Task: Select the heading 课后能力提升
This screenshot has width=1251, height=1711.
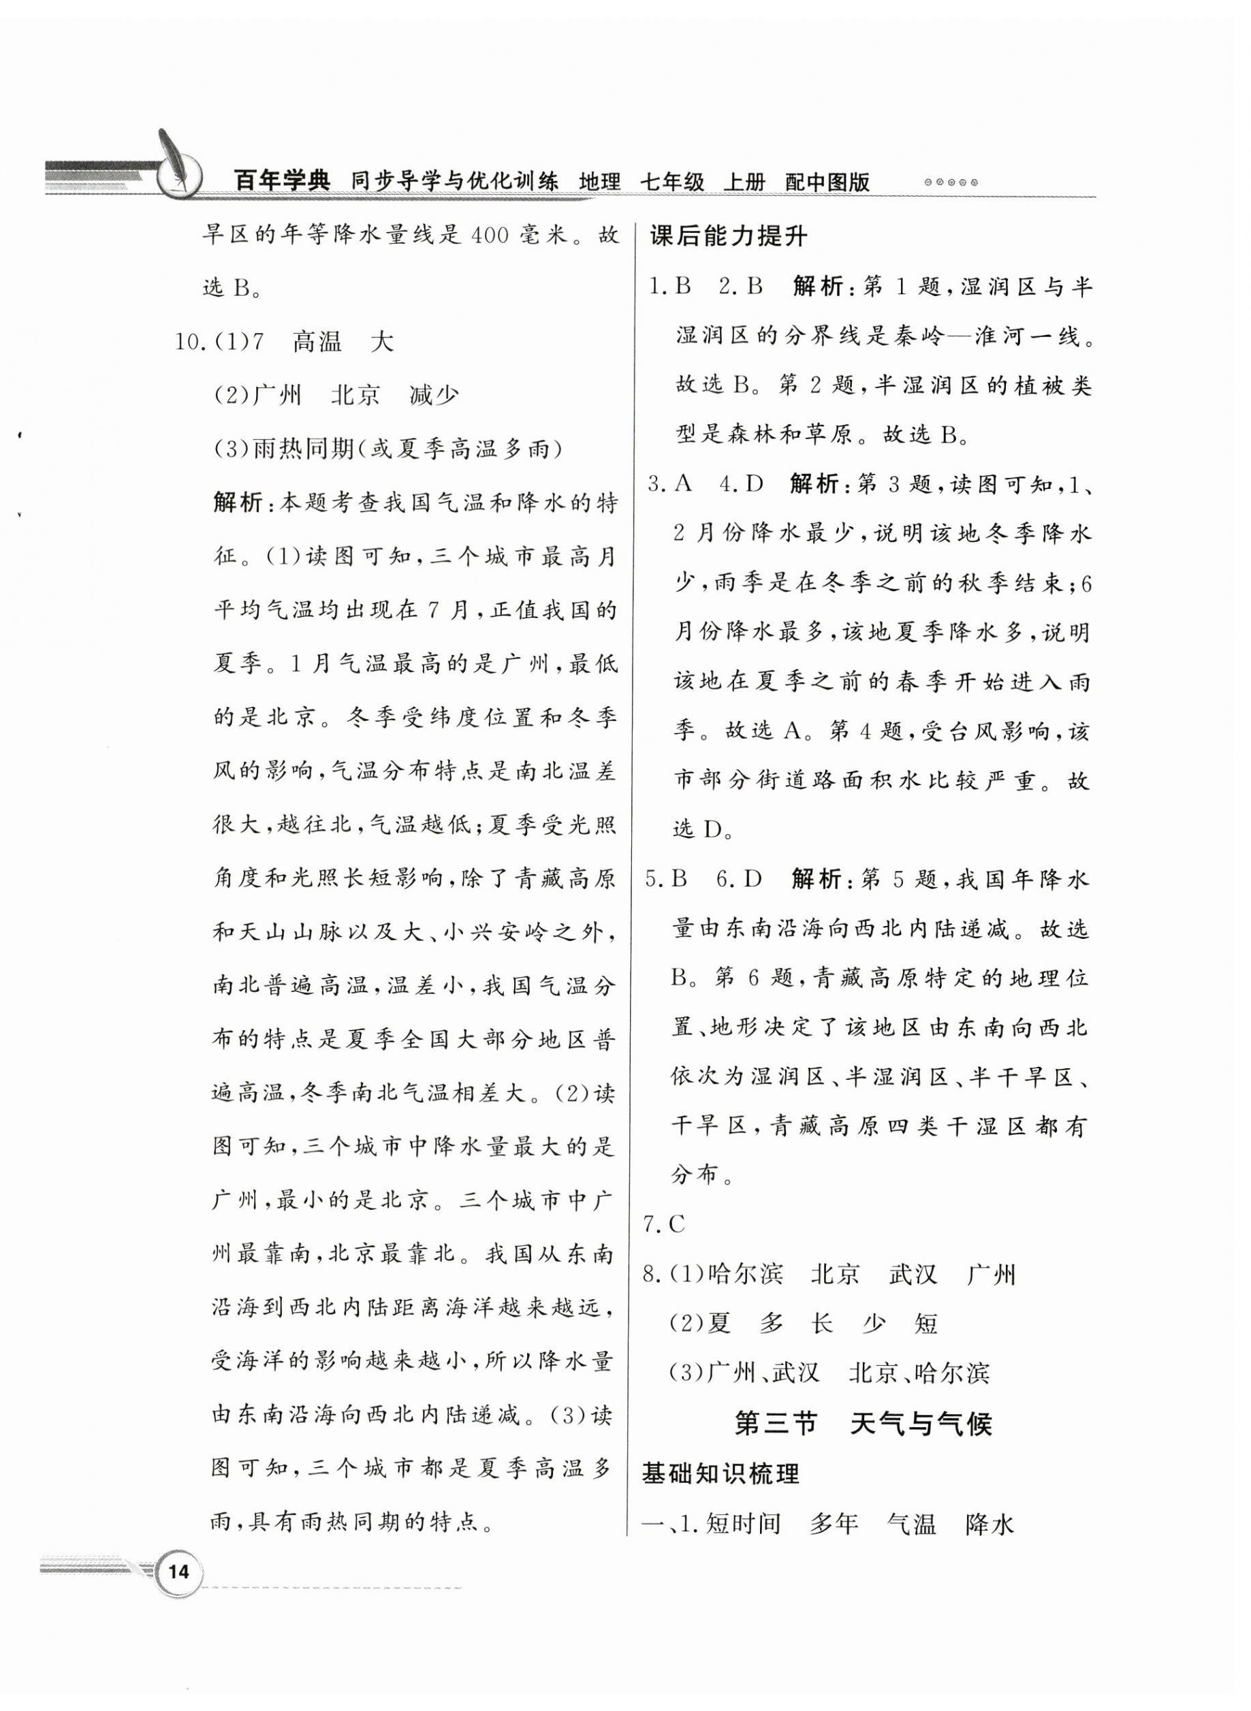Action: tap(729, 237)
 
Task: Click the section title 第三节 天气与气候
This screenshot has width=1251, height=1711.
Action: tap(864, 1424)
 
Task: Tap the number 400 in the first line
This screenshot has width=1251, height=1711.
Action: tap(494, 236)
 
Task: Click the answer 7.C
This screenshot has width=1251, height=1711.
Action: tap(664, 1224)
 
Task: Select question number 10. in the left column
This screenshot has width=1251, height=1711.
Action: tap(190, 342)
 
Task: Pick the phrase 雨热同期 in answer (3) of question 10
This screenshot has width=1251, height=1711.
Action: tap(304, 449)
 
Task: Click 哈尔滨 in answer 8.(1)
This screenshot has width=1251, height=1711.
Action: tap(745, 1274)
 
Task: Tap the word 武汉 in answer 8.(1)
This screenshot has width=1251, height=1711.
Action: tap(913, 1274)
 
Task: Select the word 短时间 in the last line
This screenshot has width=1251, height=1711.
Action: tap(743, 1523)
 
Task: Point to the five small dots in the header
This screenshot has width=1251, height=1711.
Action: tap(953, 182)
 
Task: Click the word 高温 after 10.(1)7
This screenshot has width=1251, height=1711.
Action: tap(317, 342)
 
